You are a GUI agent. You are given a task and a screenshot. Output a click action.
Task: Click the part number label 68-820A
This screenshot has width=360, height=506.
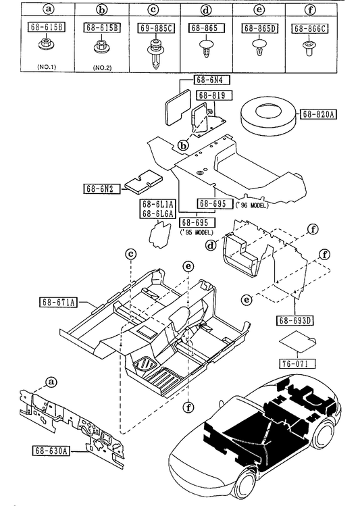pos(318,114)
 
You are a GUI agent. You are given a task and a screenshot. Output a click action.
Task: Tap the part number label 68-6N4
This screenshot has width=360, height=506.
pos(211,80)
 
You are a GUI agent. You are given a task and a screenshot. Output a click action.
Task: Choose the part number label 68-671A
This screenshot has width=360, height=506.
pos(59,303)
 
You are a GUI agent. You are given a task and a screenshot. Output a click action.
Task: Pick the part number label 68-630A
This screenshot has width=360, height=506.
pos(51,451)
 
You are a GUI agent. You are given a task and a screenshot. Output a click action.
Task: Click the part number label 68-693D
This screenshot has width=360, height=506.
pos(295,320)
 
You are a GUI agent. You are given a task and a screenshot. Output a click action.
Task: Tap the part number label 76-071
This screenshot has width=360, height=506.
pos(295,363)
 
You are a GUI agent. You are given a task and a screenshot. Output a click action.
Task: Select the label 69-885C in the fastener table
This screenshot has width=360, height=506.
pos(157,28)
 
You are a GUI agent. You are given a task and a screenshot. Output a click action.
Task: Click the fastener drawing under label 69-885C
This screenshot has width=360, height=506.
pos(155,53)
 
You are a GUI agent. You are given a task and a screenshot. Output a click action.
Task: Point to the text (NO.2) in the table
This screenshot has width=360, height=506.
pos(102,68)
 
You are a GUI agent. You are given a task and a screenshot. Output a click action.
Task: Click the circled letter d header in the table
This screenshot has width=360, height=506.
pos(205,10)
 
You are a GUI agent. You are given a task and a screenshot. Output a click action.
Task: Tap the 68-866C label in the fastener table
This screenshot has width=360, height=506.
pos(309,29)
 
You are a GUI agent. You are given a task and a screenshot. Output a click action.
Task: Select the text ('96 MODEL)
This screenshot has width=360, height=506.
pos(252,205)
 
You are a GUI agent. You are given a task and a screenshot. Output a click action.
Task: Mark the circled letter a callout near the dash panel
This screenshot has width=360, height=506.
pos(51,382)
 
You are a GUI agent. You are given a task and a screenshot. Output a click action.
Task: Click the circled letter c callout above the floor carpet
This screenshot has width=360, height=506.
pos(130,254)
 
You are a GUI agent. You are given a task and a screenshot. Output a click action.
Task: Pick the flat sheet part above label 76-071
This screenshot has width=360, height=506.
pos(297,343)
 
